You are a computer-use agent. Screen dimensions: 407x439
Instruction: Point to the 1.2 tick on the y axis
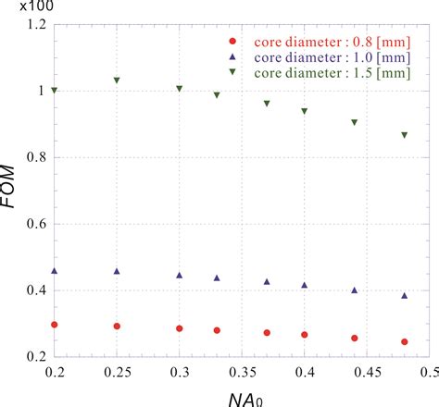(x=35, y=24)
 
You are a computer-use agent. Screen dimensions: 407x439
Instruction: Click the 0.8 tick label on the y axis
(x=35, y=157)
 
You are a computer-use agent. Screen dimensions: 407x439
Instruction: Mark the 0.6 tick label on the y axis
(x=35, y=224)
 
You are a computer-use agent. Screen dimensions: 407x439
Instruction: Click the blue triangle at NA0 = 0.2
(x=55, y=271)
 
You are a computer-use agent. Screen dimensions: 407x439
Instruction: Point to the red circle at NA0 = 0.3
(x=179, y=328)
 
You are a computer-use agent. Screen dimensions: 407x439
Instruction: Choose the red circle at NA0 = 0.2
(x=55, y=325)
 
